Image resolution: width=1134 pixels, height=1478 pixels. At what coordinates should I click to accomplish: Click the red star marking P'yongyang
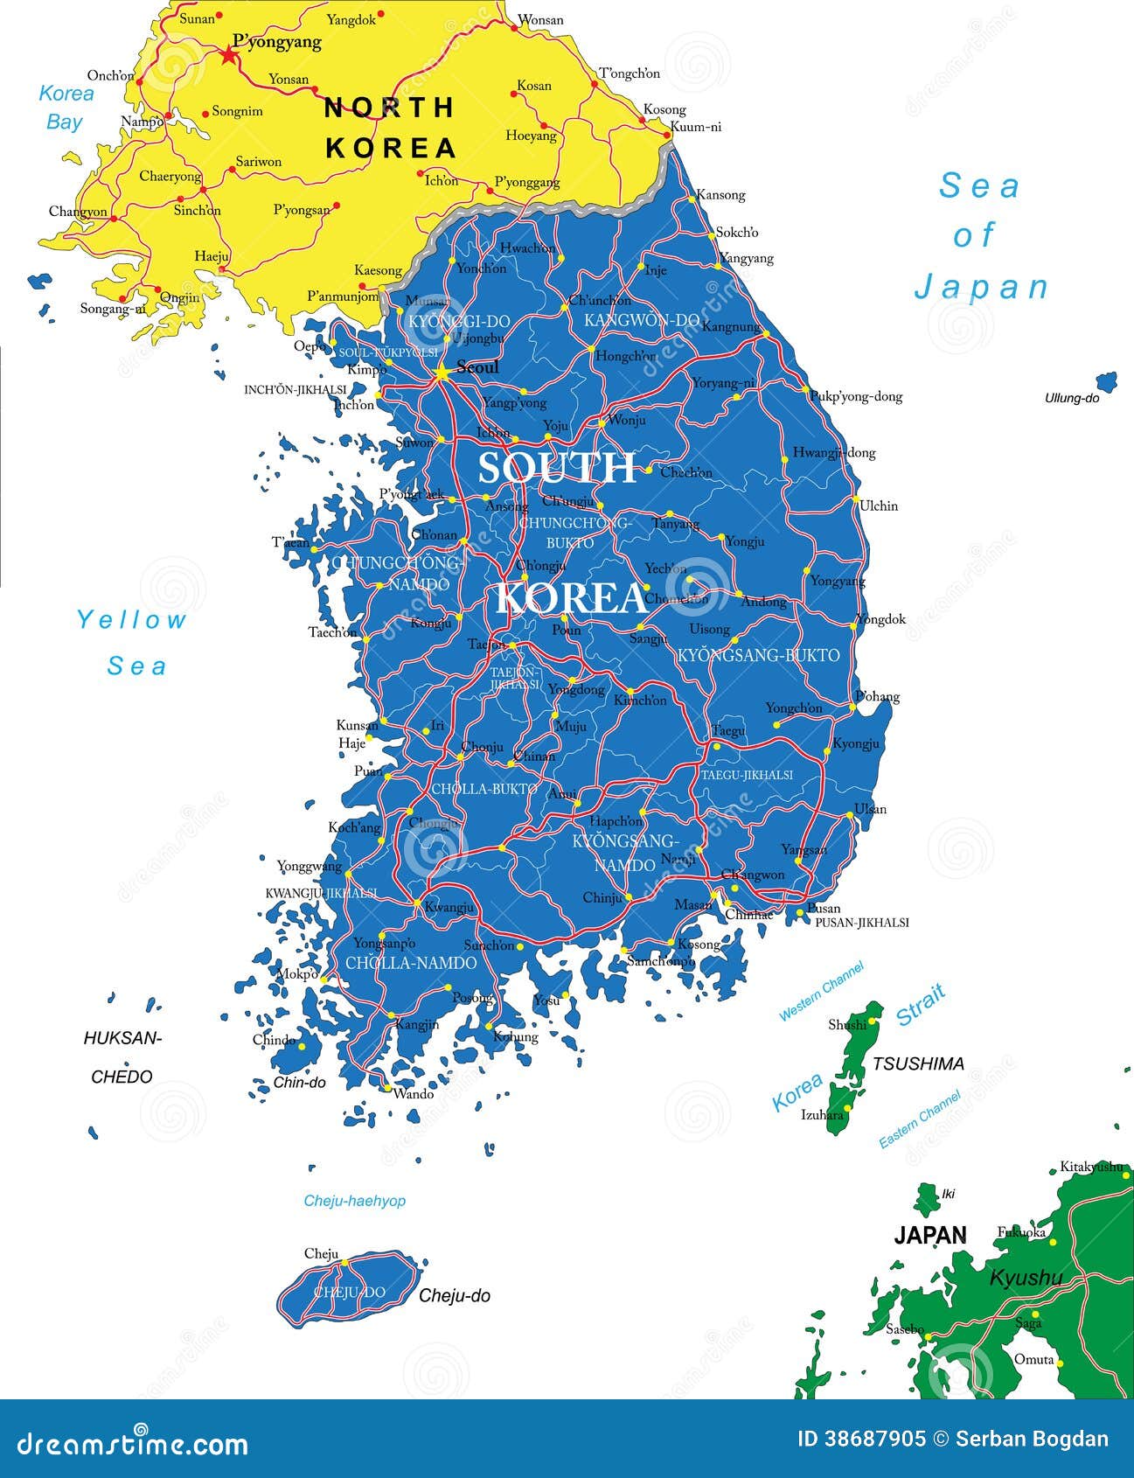[229, 56]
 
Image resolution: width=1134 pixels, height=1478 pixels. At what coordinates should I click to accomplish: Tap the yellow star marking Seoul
[442, 373]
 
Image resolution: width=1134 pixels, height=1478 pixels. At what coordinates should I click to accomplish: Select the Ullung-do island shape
[1106, 382]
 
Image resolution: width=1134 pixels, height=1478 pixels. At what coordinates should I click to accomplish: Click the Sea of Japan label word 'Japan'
[981, 287]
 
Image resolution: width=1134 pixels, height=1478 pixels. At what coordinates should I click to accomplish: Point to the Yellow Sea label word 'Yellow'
[131, 620]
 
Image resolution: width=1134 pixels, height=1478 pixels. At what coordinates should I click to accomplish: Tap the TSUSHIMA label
[918, 1063]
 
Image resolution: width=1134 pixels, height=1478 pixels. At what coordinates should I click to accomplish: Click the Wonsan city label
[540, 19]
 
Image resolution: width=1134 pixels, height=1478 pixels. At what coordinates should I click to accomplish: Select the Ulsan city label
[870, 809]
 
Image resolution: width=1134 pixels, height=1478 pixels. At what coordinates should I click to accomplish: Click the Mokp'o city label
[297, 973]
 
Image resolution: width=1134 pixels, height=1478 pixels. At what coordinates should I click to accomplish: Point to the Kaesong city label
[378, 271]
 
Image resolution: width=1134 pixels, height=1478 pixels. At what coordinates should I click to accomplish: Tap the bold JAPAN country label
[930, 1235]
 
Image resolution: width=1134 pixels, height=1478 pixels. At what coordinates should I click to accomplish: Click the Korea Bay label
[66, 107]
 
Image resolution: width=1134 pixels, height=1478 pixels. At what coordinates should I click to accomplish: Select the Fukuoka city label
[1021, 1232]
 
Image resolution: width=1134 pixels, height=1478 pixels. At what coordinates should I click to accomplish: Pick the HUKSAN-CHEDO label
[122, 1057]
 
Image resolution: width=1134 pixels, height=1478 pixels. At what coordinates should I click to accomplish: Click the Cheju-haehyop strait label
[354, 1201]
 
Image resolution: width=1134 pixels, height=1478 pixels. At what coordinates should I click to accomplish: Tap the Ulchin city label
[879, 505]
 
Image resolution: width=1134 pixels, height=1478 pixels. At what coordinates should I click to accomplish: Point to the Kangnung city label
[731, 327]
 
